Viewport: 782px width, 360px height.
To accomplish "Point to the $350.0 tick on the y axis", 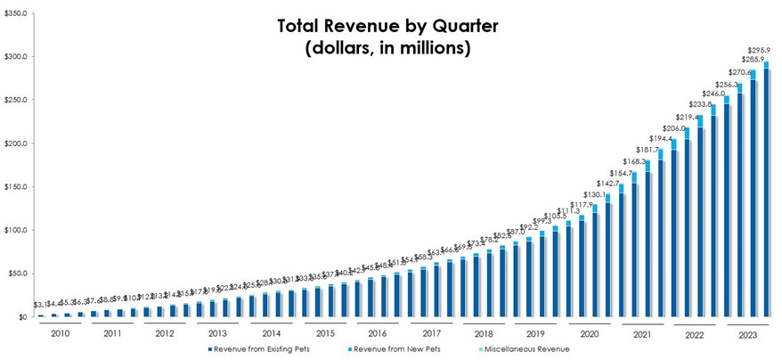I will [15, 13].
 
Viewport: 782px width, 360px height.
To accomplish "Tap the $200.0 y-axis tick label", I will [15, 143].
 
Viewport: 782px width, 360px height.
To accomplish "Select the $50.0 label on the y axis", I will [17, 274].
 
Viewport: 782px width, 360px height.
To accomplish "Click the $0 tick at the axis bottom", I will [22, 317].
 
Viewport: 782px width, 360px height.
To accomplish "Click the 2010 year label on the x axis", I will [59, 333].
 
